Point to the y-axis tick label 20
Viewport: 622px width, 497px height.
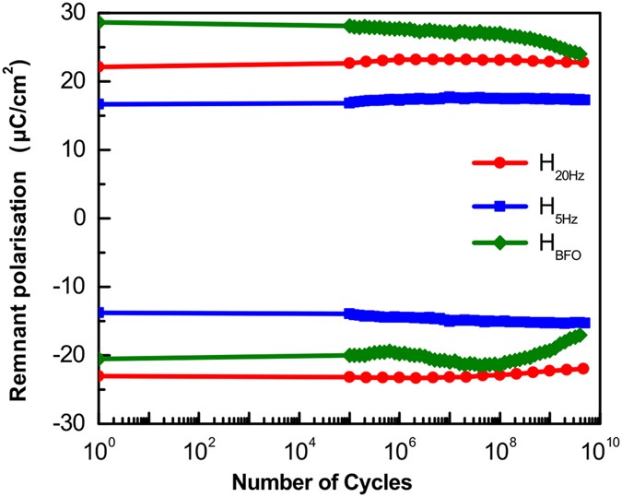[x=76, y=81]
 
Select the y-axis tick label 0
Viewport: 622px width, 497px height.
[x=81, y=219]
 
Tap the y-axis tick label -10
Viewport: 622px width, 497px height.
[x=73, y=287]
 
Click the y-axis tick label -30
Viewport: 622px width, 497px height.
[x=73, y=424]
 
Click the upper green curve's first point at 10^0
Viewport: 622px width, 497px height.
[x=100, y=21]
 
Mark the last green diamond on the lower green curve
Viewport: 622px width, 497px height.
[x=581, y=334]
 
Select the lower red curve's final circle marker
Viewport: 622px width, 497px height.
[x=582, y=368]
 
